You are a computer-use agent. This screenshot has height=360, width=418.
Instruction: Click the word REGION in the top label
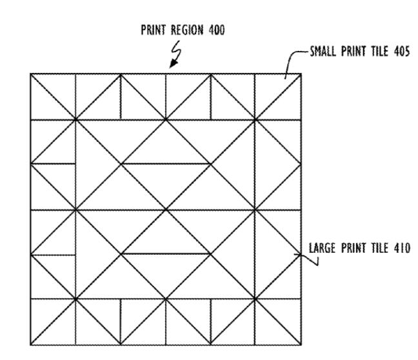(x=187, y=30)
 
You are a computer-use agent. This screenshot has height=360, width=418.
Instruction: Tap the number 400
(x=217, y=30)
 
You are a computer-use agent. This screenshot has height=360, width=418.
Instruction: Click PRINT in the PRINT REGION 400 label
(x=154, y=30)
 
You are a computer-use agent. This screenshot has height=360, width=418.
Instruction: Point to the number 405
(x=401, y=51)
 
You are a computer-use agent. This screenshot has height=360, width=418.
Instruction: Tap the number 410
(x=402, y=248)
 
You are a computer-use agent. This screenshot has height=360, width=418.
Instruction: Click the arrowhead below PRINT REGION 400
(x=174, y=64)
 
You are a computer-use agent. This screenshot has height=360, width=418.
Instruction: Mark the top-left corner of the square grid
(x=31, y=74)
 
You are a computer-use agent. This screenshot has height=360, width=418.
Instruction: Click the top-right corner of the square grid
(x=301, y=74)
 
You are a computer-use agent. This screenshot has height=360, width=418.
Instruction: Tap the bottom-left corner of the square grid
(x=31, y=345)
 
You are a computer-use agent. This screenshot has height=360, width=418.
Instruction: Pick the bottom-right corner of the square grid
(x=301, y=345)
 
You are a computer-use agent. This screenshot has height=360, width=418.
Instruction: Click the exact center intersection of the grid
(x=166, y=210)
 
